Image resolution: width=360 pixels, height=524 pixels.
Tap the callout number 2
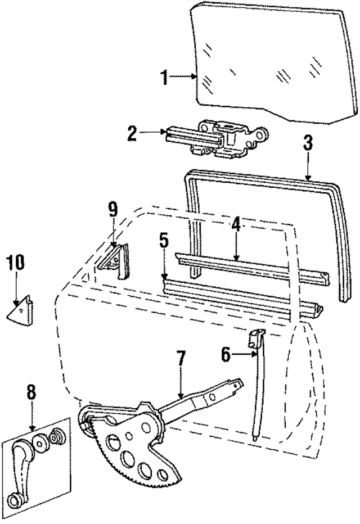click(x=132, y=133)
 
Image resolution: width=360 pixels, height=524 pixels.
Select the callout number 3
click(x=308, y=143)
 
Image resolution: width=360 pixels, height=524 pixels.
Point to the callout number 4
click(x=236, y=224)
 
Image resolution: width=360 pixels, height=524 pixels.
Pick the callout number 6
click(x=226, y=354)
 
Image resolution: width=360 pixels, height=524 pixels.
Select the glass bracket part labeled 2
click(x=219, y=138)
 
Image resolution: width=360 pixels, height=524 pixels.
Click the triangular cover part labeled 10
click(x=22, y=310)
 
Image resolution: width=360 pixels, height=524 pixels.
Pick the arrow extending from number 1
click(x=183, y=76)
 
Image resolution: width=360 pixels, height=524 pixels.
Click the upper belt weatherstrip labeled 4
click(x=247, y=265)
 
